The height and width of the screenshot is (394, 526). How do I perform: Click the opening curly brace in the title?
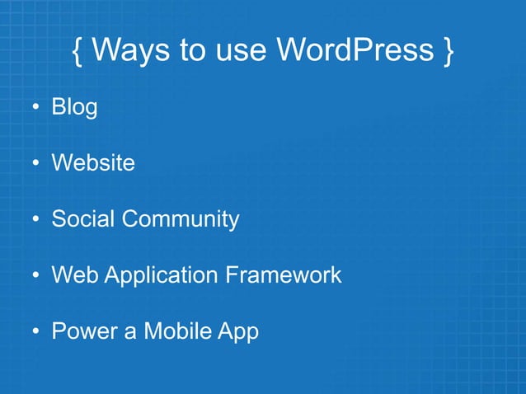coord(77,51)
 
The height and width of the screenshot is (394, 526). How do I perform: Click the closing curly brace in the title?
coord(446,51)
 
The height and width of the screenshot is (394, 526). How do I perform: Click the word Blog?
coord(74,107)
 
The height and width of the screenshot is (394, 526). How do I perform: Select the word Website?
coord(93,163)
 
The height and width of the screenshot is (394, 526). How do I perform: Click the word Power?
coord(86,331)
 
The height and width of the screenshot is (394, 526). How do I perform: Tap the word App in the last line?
coord(239,332)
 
